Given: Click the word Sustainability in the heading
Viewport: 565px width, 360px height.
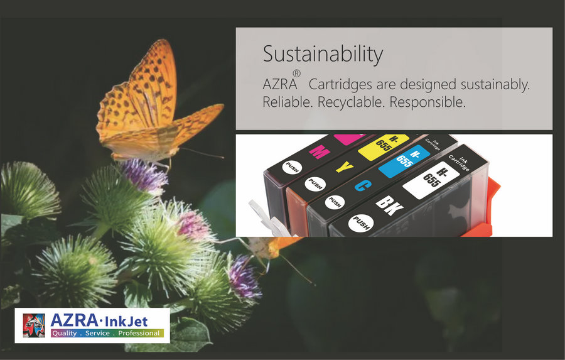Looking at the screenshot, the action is (323, 55).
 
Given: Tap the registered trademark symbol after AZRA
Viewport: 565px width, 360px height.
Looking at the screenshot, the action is (296, 74).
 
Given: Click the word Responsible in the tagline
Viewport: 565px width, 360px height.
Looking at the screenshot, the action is (428, 102).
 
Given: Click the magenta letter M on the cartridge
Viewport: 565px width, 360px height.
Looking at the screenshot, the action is (320, 152).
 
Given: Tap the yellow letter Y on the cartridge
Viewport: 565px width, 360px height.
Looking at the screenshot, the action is (345, 167).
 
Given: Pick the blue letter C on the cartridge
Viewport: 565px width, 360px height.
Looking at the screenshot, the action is (363, 186).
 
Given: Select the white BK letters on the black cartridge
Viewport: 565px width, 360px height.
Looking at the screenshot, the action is (389, 205).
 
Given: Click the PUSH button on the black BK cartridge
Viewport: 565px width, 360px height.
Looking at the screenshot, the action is (361, 223).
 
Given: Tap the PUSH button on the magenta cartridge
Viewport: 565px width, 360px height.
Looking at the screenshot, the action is (292, 167).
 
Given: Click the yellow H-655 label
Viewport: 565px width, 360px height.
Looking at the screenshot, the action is (384, 146).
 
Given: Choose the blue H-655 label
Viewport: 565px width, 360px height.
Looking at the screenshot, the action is (404, 161).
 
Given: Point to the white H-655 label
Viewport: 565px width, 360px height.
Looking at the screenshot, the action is (431, 180).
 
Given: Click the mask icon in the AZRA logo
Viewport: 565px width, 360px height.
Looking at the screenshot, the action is (34, 325).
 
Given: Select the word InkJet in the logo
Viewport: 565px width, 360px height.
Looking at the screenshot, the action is (126, 321).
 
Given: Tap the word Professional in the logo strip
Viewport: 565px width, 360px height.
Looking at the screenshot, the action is (139, 333).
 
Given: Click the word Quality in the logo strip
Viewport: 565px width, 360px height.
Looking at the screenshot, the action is (64, 333).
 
